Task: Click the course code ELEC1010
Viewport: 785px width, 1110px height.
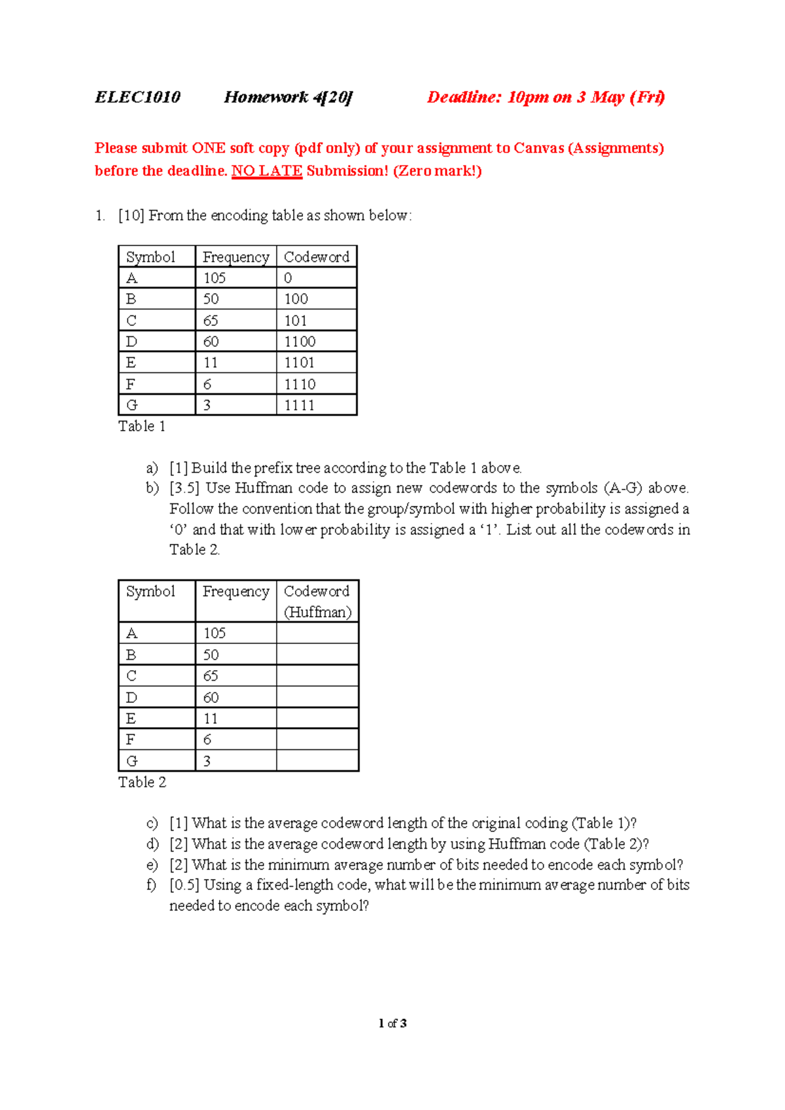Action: tap(137, 98)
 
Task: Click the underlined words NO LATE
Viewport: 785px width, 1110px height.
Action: tap(267, 171)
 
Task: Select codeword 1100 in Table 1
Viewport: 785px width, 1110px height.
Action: tap(300, 342)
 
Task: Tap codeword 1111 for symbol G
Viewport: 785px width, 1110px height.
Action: tap(299, 405)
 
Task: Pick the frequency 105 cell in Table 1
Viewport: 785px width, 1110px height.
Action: tap(215, 278)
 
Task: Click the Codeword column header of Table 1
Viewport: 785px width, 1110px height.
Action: tap(317, 257)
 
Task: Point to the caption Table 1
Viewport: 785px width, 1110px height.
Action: tap(142, 426)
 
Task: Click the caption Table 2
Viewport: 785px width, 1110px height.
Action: tap(142, 782)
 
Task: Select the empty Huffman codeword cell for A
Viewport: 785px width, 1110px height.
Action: tap(317, 633)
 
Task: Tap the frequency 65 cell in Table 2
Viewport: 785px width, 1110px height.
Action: tap(211, 676)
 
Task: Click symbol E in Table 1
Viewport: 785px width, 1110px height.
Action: tap(131, 363)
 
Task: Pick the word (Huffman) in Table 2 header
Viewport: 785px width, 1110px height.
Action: tap(317, 612)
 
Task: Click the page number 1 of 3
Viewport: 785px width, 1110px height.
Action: tap(392, 1024)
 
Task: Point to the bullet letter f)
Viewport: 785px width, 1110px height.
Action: tap(152, 885)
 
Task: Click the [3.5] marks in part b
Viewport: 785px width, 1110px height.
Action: tap(184, 488)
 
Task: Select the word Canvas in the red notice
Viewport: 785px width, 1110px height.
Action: tap(538, 148)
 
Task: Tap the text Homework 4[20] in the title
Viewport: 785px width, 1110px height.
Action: tap(288, 98)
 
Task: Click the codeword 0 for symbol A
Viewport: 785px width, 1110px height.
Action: tap(288, 278)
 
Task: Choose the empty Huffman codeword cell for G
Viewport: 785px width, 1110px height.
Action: tap(317, 761)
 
